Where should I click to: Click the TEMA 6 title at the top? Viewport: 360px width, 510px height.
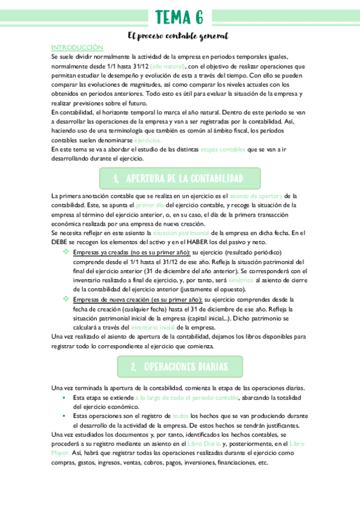pyautogui.click(x=179, y=16)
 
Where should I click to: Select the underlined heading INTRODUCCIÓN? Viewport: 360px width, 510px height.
pyautogui.click(x=77, y=47)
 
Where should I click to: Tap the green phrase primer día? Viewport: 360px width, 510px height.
pyautogui.click(x=150, y=205)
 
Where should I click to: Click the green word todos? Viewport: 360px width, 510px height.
pyautogui.click(x=180, y=416)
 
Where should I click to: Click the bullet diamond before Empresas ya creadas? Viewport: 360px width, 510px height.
pyautogui.click(x=66, y=253)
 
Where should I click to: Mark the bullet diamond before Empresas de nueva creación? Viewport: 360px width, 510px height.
pyautogui.click(x=66, y=299)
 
